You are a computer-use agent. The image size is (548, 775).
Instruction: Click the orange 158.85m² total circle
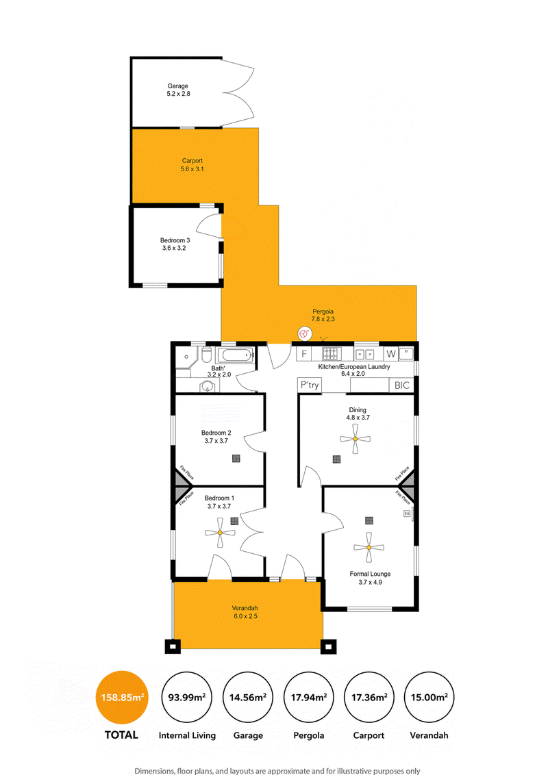pyautogui.click(x=122, y=698)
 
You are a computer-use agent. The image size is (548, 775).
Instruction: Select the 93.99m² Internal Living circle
pyautogui.click(x=187, y=698)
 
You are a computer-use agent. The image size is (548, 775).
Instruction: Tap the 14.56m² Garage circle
pyautogui.click(x=248, y=698)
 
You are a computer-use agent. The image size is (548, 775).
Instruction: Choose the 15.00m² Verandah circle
pyautogui.click(x=429, y=698)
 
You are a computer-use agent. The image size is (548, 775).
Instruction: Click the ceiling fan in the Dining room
pyautogui.click(x=355, y=439)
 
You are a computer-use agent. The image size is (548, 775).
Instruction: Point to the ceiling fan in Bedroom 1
pyautogui.click(x=220, y=533)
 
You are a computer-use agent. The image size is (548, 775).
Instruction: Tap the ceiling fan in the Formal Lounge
pyautogui.click(x=369, y=547)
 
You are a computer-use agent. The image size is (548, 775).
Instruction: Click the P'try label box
pyautogui.click(x=310, y=385)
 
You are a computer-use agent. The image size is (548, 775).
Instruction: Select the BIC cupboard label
pyautogui.click(x=401, y=385)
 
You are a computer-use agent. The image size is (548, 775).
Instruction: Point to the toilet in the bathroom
pyautogui.click(x=206, y=355)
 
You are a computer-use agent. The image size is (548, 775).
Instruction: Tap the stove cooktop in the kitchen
pyautogui.click(x=332, y=354)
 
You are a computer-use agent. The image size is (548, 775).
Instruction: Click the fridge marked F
pyautogui.click(x=304, y=354)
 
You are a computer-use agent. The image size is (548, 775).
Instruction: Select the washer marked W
pyautogui.click(x=391, y=354)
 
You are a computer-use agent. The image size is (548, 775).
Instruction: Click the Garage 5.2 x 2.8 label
pyautogui.click(x=178, y=90)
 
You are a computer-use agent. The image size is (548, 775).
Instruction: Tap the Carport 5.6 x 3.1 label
pyautogui.click(x=192, y=164)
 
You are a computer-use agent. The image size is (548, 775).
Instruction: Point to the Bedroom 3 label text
pyautogui.click(x=175, y=240)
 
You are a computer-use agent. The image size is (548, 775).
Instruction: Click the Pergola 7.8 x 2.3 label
pyautogui.click(x=323, y=316)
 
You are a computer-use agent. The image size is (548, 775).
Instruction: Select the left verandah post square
pyautogui.click(x=173, y=646)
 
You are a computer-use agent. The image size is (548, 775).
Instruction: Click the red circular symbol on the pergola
pyautogui.click(x=304, y=335)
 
